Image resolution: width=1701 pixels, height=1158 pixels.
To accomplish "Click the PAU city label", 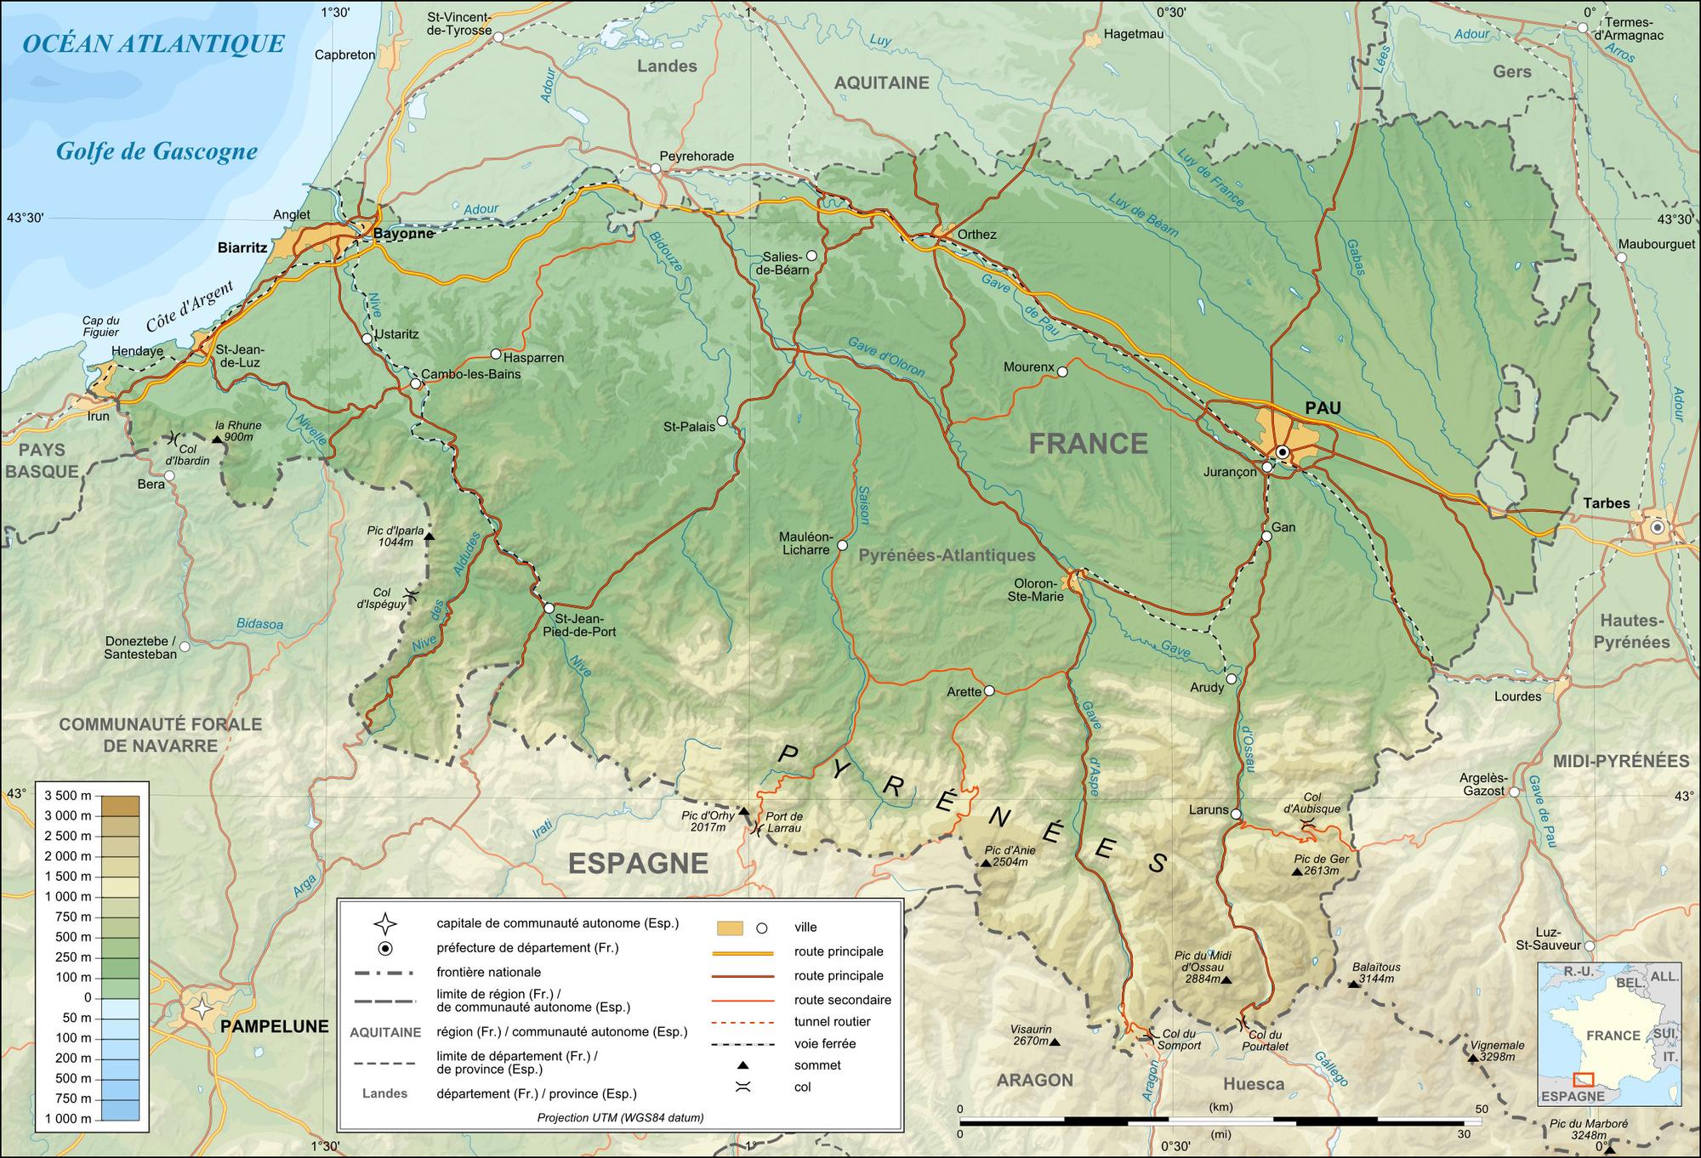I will pos(1323,408).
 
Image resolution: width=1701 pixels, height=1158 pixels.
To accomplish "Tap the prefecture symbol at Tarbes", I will pos(1656,528).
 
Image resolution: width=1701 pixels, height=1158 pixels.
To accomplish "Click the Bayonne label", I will pos(404,234).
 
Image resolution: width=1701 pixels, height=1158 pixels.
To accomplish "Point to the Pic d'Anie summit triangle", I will pos(986,863).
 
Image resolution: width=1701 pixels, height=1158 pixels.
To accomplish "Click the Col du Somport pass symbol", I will pos(1149,1035).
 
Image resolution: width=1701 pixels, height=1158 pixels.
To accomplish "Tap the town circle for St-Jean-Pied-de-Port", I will pos(549,608).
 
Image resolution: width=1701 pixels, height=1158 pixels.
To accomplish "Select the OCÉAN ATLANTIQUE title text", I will pos(153,44).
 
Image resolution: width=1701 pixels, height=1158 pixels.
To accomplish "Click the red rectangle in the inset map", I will pos(1583,1080).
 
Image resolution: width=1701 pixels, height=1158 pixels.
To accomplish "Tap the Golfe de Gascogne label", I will pos(156,151).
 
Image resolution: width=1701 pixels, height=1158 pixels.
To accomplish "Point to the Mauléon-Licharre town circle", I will pos(842,545).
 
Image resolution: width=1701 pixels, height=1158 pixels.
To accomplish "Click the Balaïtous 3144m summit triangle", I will pos(1353,984).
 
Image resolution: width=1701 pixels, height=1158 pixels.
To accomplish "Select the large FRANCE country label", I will pos(1088,443).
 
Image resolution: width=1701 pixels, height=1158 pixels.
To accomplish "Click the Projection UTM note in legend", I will pos(620,1118).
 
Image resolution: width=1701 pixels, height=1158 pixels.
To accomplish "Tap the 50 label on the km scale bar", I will pos(1482,1110).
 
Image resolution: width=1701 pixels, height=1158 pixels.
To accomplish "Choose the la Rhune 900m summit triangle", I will pos(218,439).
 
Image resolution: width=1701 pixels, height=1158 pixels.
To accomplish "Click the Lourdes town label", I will pos(1517,696).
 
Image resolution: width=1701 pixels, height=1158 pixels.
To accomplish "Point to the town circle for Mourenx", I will pos(1061,371).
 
